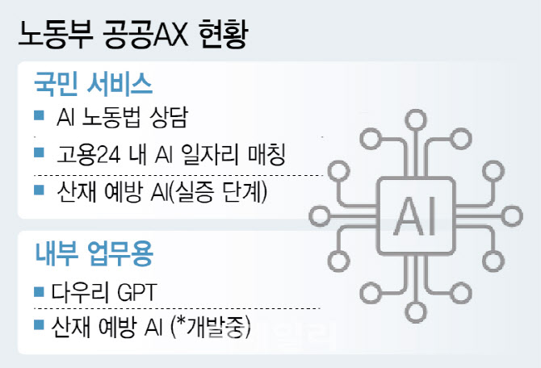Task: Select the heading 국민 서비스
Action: pos(93,84)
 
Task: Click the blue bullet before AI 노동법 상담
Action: pos(39,115)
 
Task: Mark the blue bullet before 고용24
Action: pos(39,152)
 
